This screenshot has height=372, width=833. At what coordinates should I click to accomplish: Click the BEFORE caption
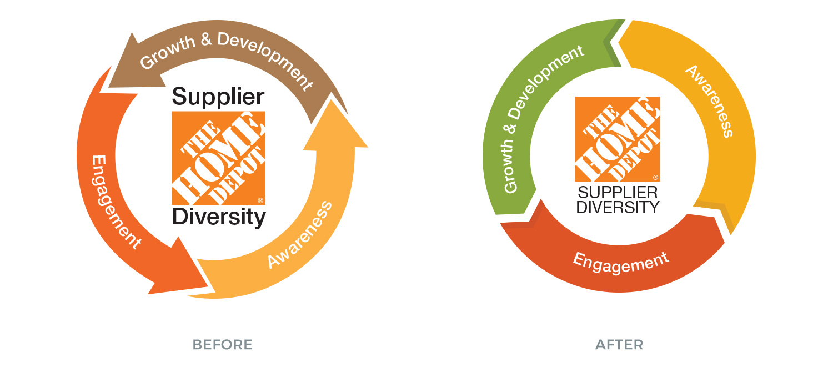point(222,345)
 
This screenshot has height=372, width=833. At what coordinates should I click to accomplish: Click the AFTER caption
point(619,345)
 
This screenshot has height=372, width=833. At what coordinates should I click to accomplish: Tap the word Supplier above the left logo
point(218,97)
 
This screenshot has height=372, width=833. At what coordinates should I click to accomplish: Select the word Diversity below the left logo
point(219,217)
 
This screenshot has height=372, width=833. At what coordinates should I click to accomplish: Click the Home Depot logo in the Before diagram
point(218,158)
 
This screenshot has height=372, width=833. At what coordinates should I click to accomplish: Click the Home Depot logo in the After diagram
point(618,139)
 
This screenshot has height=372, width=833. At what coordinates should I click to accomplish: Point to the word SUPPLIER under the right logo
point(618,193)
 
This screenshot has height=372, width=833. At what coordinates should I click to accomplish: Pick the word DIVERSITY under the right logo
point(618,208)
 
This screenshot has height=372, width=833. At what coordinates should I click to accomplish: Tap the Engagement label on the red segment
point(621,263)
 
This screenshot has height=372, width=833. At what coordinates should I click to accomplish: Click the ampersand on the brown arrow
point(207,41)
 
